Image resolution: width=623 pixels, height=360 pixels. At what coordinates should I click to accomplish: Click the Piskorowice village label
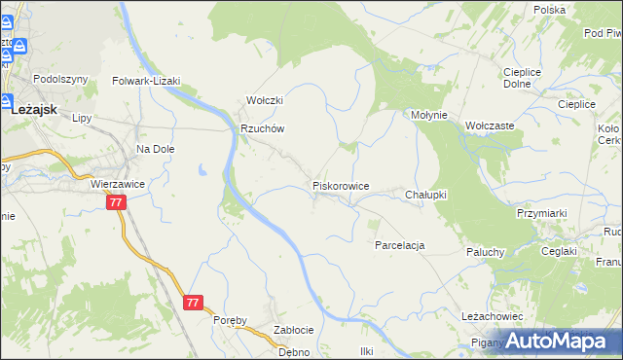click(340, 185)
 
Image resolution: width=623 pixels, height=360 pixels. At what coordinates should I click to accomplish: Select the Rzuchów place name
click(262, 128)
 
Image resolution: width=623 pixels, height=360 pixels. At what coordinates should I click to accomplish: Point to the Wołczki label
click(264, 100)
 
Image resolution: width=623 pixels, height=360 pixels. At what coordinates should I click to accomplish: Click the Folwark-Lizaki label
click(147, 82)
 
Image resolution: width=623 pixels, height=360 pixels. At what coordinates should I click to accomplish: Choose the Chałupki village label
click(425, 195)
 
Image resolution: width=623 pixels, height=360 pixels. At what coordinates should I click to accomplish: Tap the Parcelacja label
click(400, 245)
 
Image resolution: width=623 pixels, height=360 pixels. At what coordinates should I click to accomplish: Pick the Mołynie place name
click(428, 115)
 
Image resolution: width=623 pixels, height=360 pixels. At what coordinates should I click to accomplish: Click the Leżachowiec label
click(493, 316)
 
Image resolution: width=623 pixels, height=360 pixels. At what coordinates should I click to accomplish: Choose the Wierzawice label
click(117, 182)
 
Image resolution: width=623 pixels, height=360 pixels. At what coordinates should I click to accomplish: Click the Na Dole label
click(155, 149)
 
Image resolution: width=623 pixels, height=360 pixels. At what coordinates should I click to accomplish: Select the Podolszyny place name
click(60, 79)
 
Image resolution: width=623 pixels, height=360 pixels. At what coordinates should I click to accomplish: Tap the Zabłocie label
click(293, 329)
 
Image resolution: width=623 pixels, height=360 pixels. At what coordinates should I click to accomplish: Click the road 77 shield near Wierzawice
click(117, 202)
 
